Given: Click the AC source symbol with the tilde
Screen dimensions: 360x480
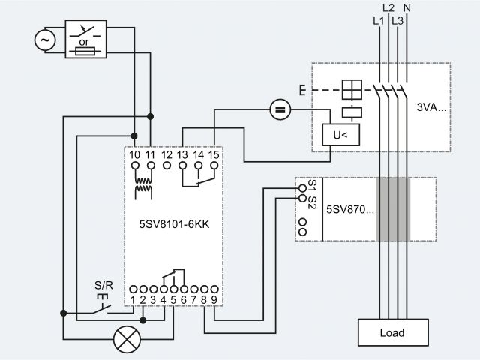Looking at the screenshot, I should (x=46, y=40).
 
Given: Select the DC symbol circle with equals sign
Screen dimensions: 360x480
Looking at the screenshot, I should (x=280, y=111).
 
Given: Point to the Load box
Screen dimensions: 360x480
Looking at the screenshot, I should (x=393, y=332).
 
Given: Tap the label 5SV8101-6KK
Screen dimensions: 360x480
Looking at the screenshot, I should (x=175, y=223).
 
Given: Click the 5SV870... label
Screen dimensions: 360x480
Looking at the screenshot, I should (x=349, y=208).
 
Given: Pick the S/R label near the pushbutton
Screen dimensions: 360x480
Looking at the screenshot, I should (x=103, y=286).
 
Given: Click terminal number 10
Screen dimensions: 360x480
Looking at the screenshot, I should (x=134, y=154).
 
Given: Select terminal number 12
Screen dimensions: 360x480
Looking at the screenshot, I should (x=166, y=154).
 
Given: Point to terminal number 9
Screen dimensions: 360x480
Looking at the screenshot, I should (x=214, y=300).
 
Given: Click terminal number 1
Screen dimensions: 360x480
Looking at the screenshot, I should (x=133, y=300).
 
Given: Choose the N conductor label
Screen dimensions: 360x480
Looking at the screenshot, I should (x=407, y=8).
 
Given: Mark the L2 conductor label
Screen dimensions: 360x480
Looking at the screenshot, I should (x=388, y=8).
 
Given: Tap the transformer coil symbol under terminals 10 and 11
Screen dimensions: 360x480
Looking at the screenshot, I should (x=142, y=188).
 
